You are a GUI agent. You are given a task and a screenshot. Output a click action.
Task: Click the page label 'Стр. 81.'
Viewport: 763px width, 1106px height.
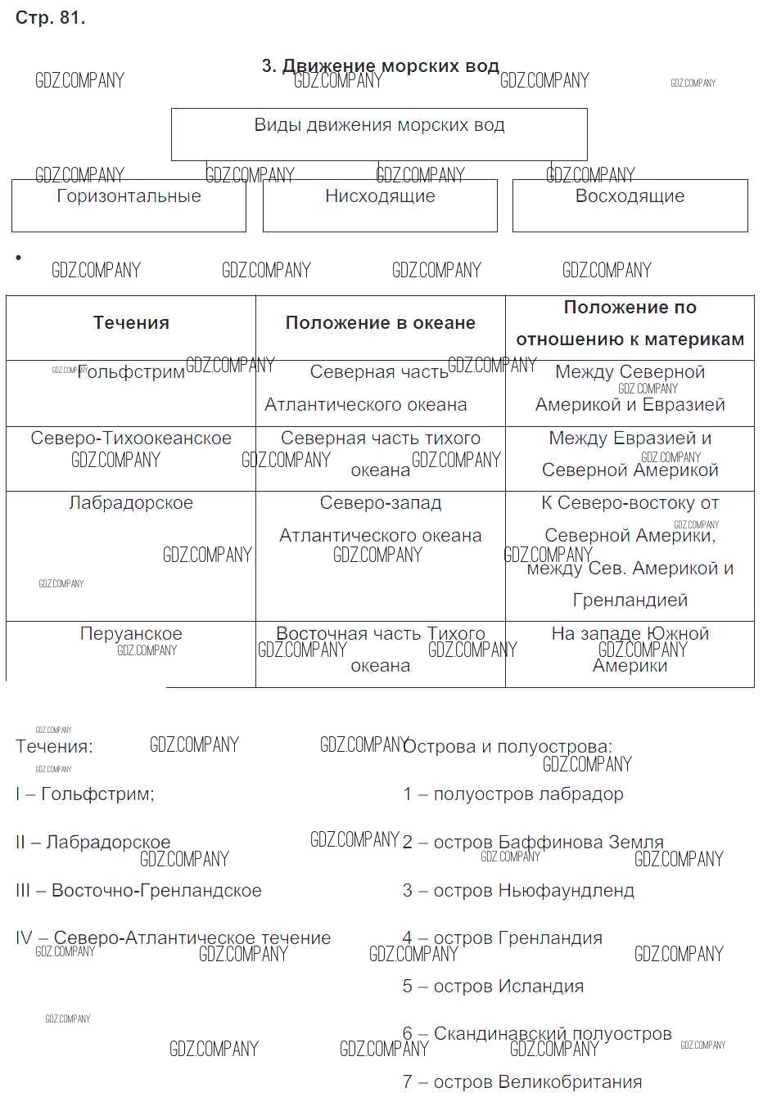[x=50, y=18]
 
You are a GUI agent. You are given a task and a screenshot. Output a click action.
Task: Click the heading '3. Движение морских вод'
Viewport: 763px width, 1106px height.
[x=380, y=66]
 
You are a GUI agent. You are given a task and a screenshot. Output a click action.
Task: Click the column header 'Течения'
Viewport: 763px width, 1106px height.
[x=131, y=323]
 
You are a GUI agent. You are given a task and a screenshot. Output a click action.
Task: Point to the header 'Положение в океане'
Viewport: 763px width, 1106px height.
[x=380, y=323]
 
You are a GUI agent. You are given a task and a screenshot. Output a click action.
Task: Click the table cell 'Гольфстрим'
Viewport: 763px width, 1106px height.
[x=131, y=373]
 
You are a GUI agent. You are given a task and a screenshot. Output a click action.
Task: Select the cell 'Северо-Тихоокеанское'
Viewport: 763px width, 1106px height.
[x=131, y=438]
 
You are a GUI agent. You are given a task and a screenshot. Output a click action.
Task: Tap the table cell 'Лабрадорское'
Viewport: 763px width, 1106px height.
[x=131, y=504]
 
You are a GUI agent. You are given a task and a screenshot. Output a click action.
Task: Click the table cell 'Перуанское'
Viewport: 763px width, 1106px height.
[x=131, y=634]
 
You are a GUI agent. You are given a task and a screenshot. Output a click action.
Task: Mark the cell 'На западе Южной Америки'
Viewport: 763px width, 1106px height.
[x=630, y=650]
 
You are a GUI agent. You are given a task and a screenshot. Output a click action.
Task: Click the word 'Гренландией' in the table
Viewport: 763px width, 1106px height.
[x=630, y=600]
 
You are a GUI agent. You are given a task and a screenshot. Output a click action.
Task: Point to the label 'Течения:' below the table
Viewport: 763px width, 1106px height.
[x=54, y=747]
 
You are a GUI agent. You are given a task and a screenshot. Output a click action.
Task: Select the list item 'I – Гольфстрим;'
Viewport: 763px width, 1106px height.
[x=84, y=794]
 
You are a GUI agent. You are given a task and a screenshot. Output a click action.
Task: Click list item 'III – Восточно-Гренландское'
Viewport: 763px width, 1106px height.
[x=138, y=891]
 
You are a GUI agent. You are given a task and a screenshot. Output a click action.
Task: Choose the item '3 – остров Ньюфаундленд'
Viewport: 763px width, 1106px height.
[x=518, y=891]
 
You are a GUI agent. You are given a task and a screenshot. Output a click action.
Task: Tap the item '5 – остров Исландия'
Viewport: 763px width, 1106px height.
[x=493, y=987]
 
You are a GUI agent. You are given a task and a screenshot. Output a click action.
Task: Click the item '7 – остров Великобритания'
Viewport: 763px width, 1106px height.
[x=522, y=1082]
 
